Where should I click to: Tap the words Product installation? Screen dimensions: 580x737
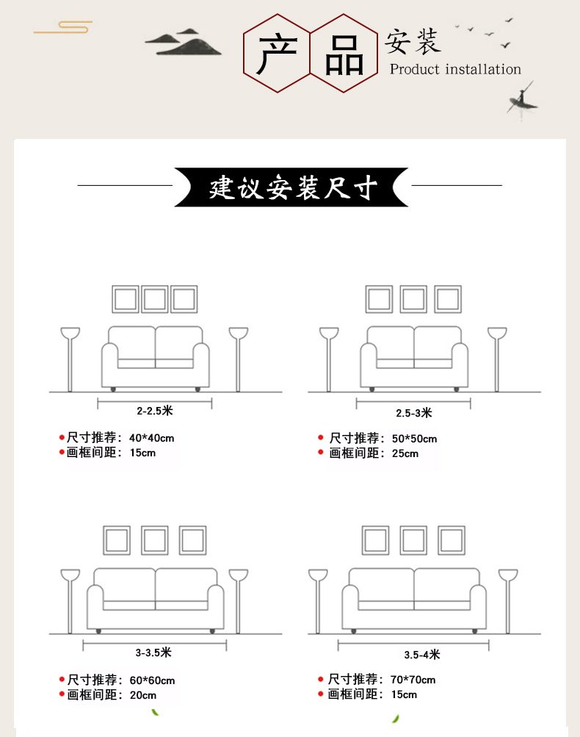pos(455,70)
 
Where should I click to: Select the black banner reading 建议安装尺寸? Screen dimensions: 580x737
pos(291,187)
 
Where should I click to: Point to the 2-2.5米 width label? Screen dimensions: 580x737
pos(155,411)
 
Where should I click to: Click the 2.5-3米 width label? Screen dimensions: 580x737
pos(414,413)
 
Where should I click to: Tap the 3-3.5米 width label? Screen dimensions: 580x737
pos(153,652)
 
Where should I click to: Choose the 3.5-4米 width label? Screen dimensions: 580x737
pos(422,655)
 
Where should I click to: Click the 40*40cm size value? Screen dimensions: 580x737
pos(152,438)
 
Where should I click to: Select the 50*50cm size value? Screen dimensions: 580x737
pos(414,439)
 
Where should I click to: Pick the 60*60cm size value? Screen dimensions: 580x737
pos(152,680)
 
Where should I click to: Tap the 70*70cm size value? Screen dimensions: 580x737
pos(413,680)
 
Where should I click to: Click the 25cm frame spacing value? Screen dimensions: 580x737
pos(405,453)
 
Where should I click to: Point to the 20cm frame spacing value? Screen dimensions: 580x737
pos(142,695)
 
